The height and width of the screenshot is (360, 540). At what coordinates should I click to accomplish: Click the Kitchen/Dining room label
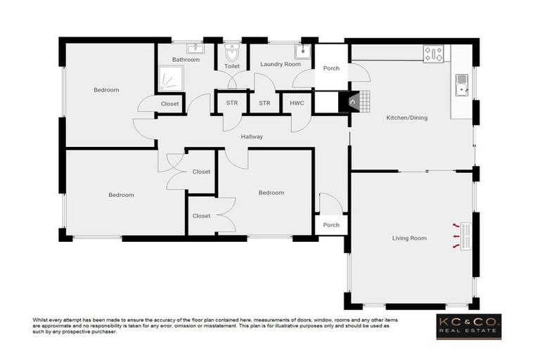[x=407, y=117]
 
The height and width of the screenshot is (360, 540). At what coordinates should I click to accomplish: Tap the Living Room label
[x=409, y=238]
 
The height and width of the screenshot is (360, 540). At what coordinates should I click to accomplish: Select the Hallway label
[x=251, y=136]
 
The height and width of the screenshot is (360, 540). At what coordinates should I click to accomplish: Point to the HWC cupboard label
[x=296, y=103]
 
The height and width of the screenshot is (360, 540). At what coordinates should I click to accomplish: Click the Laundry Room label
[x=280, y=64]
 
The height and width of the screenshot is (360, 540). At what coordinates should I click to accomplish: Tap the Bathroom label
[x=186, y=60]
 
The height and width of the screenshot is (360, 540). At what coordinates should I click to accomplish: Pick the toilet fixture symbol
[x=232, y=53]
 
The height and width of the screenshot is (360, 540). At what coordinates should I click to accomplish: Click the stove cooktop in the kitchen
[x=433, y=53]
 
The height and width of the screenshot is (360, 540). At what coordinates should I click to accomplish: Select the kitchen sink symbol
[x=462, y=84]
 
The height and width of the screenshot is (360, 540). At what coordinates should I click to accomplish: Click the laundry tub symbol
[x=302, y=52]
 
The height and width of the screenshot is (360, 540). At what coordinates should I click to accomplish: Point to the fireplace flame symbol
[x=353, y=102]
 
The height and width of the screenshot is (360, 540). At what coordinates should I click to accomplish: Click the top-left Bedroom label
[x=106, y=90]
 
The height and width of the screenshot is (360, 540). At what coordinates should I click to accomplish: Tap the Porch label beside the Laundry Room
[x=331, y=68]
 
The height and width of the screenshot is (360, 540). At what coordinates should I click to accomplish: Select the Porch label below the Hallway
[x=331, y=225]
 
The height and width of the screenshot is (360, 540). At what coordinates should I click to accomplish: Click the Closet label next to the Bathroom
[x=170, y=104]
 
